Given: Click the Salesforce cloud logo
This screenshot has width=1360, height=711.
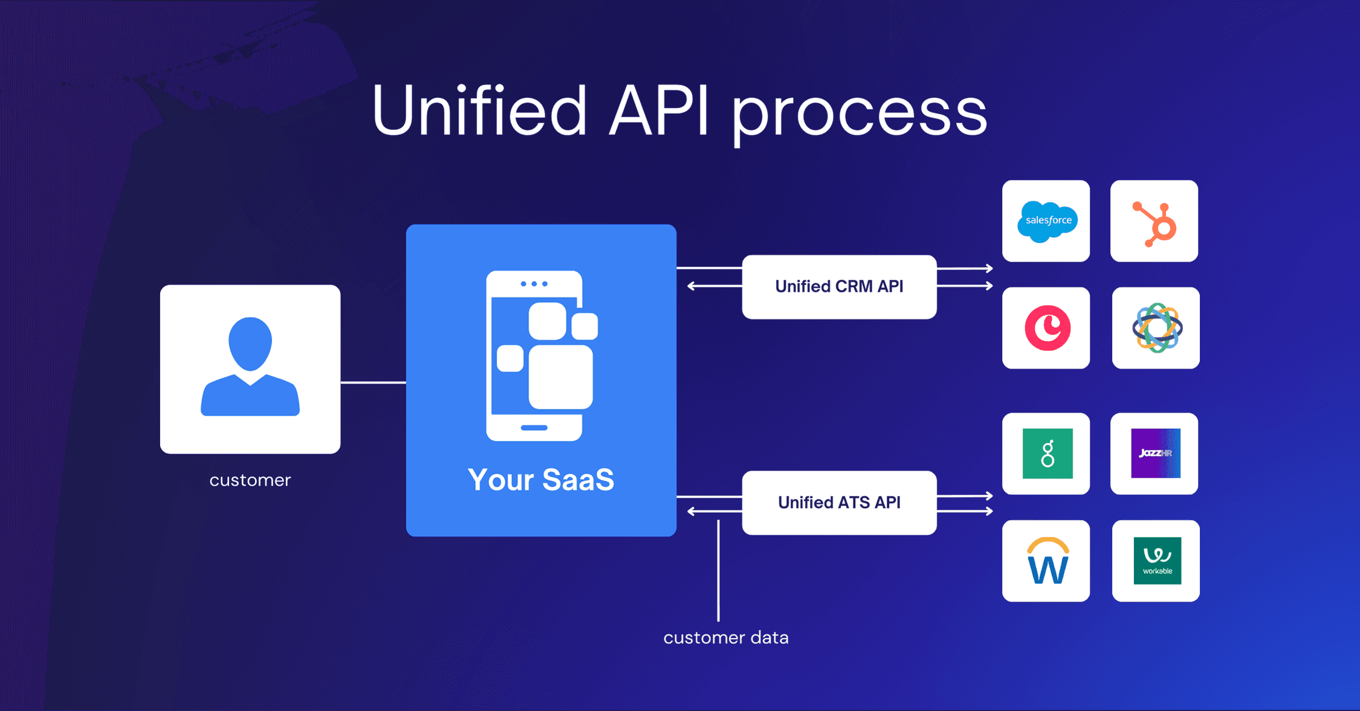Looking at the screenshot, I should (x=1046, y=221).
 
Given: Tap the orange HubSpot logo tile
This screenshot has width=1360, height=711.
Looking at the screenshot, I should (x=1154, y=221).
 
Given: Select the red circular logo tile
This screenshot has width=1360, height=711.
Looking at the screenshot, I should (x=1046, y=328).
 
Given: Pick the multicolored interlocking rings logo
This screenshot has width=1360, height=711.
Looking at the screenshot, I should (x=1156, y=328).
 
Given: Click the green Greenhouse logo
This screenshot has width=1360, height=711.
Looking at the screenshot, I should (x=1047, y=454).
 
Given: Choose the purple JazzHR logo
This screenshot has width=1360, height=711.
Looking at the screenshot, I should (x=1155, y=454).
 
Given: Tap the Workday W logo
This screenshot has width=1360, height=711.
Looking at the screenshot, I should (x=1047, y=561).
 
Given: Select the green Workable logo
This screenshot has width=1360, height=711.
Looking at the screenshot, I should (x=1157, y=561).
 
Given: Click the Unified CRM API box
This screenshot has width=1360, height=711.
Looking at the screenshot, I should (x=839, y=287).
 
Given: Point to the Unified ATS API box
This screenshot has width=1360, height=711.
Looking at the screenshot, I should (x=839, y=503).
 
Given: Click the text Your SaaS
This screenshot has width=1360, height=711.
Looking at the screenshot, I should (x=541, y=480).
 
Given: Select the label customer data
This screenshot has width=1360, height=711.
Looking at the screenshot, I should (x=725, y=638).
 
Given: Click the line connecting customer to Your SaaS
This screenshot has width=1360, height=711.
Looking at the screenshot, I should (x=373, y=382).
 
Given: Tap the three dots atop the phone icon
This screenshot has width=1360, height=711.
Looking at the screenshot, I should (x=534, y=284).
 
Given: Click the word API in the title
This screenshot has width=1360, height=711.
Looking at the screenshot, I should (x=659, y=111).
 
